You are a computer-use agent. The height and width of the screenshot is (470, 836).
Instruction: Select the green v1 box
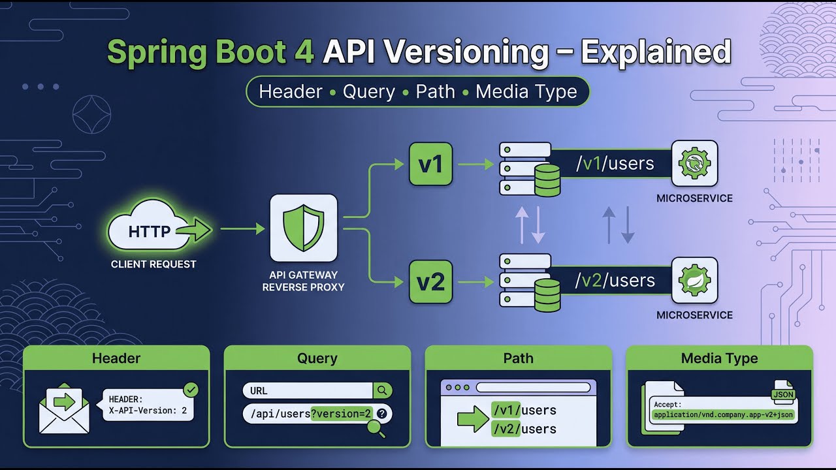tap(430, 164)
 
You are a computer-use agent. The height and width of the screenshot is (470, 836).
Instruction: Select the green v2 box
tap(430, 281)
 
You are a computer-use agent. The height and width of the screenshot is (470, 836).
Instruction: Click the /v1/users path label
tap(615, 163)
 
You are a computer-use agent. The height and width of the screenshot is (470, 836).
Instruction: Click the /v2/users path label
tap(615, 281)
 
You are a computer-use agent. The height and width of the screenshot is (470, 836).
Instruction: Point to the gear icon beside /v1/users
tap(694, 163)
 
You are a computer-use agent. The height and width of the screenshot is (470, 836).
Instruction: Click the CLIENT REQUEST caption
tap(153, 264)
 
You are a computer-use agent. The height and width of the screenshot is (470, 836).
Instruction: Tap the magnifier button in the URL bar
tap(383, 390)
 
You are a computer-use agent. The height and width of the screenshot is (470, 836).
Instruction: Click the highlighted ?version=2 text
tap(341, 413)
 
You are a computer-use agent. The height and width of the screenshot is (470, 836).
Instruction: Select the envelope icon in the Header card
tap(64, 410)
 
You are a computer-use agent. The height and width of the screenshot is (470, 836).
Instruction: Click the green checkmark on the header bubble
tap(191, 390)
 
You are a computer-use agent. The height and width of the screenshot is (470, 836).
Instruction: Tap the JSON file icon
tap(783, 392)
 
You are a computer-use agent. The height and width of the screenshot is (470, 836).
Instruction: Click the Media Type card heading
tap(719, 358)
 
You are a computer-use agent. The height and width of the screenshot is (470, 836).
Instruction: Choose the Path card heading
tap(518, 358)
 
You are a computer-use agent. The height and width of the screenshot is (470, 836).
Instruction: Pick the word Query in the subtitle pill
tap(369, 91)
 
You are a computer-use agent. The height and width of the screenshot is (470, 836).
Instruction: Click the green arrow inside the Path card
tap(473, 419)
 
